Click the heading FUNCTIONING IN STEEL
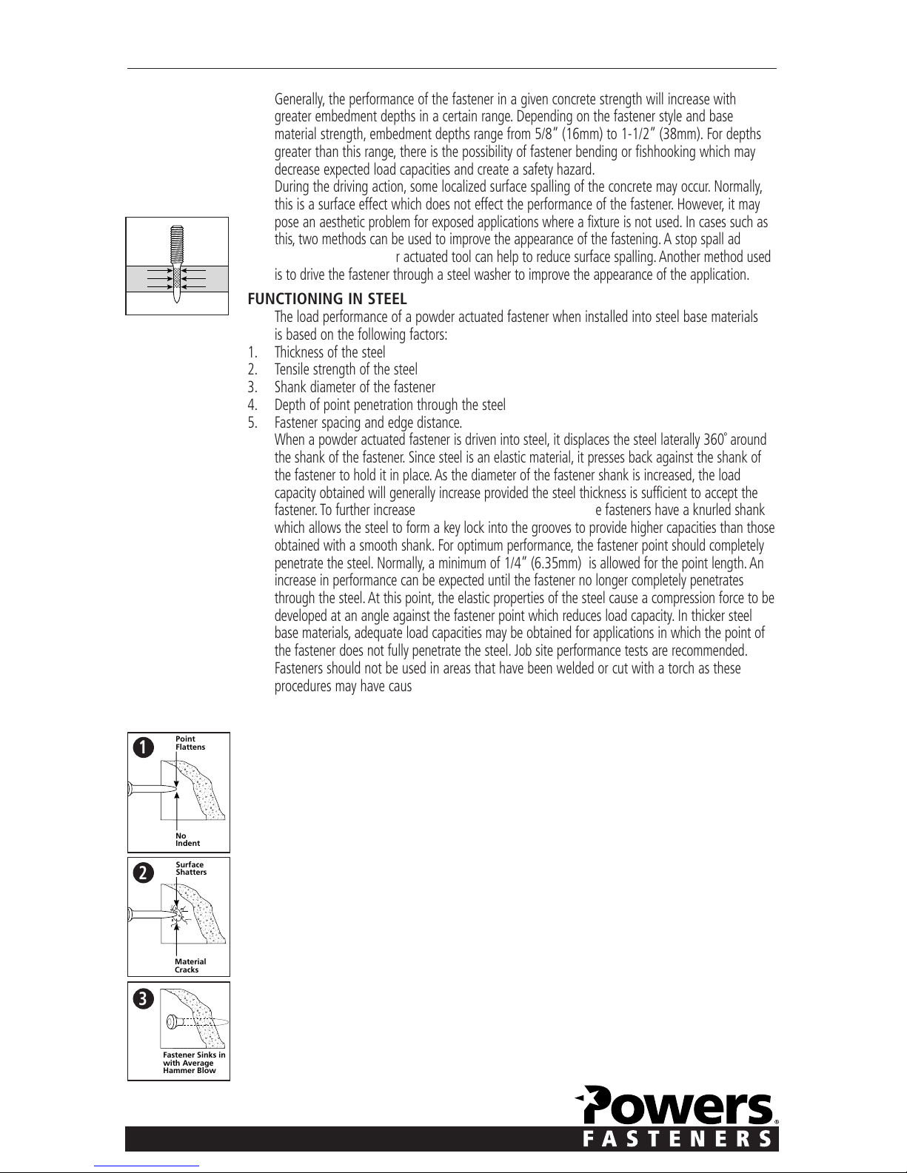point(327,299)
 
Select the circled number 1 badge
point(143,747)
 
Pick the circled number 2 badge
point(143,873)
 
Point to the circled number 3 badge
point(143,998)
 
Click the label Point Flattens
point(190,743)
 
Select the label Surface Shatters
point(191,868)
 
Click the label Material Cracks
point(190,965)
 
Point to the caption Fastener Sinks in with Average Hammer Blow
point(194,1063)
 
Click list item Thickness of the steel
point(329,352)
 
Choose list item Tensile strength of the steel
point(346,369)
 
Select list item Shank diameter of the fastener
point(355,387)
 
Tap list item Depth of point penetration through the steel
point(389,405)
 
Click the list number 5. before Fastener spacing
point(252,423)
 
